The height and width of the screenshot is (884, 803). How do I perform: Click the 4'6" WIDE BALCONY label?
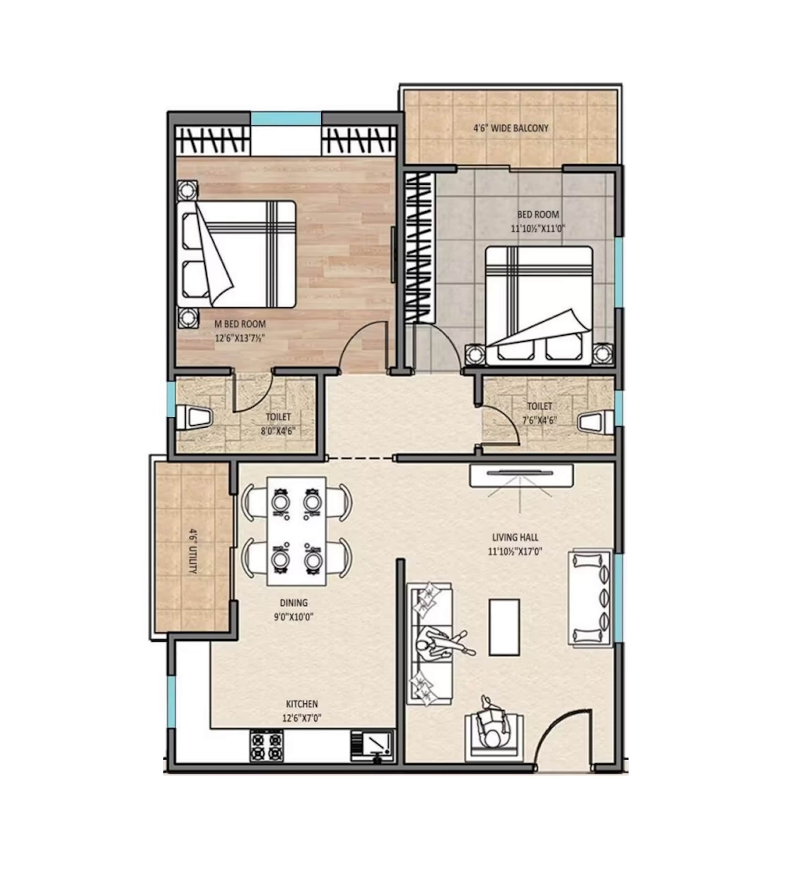pos(511,128)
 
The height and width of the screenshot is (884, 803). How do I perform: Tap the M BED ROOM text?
pos(240,324)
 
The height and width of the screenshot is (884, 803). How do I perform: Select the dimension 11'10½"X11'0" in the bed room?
pos(538,228)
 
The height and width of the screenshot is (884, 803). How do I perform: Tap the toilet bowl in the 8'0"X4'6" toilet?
pos(194,418)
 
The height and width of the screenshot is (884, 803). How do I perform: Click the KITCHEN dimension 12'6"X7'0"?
pos(302,718)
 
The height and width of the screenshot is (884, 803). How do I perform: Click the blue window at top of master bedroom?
pos(286,118)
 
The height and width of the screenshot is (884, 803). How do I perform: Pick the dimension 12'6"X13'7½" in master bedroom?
pos(240,338)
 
